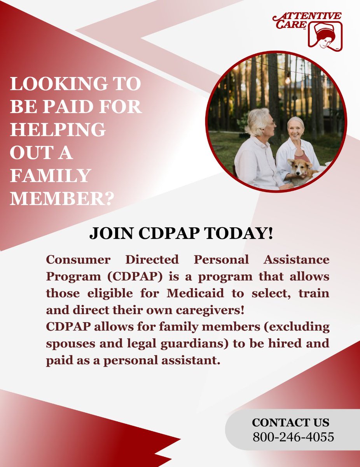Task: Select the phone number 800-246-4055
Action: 293,437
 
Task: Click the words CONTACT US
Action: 290,423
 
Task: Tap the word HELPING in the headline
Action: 58,130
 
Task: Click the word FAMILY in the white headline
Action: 50,176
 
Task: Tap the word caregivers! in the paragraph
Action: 209,310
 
